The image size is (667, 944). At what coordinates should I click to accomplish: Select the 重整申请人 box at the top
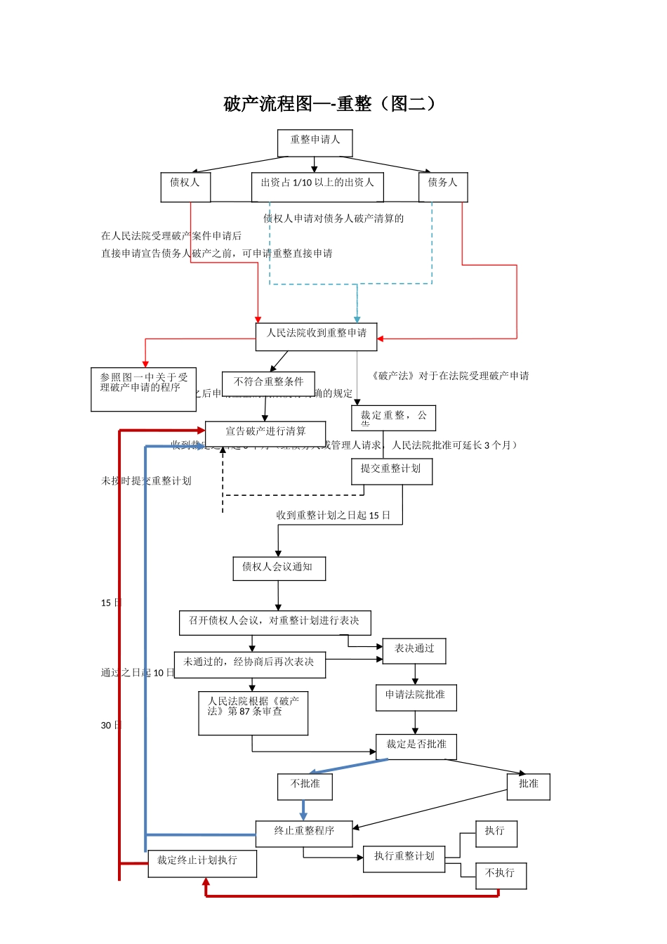tap(315, 143)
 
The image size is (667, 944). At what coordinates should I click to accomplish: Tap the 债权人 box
tap(185, 187)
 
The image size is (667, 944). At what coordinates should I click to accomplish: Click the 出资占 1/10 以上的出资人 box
tap(317, 187)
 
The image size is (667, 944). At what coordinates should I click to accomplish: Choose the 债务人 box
tap(442, 187)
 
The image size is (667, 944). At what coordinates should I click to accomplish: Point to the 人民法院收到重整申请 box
tap(316, 336)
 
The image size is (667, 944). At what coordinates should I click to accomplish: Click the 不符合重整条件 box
tap(268, 383)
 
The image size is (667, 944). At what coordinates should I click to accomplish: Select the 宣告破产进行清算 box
tap(265, 432)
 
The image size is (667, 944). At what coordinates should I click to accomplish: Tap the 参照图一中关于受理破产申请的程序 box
tap(143, 389)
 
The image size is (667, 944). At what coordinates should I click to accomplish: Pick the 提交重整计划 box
tap(391, 471)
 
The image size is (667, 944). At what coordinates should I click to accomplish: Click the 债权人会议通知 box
tap(279, 569)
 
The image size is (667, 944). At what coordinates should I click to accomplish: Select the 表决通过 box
tap(414, 651)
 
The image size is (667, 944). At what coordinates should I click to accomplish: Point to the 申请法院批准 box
tap(416, 697)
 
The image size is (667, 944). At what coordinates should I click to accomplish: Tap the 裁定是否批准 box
tap(416, 747)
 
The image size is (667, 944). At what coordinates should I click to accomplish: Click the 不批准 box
tap(305, 787)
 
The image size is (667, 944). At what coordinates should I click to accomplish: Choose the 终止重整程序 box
tap(304, 833)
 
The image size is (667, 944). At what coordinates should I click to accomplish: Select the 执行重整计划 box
tap(404, 859)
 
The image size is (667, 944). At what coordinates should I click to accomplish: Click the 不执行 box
tap(501, 875)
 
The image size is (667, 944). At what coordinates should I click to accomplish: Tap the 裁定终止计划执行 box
tap(202, 863)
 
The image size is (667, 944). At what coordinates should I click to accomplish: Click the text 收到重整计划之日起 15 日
tap(333, 516)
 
